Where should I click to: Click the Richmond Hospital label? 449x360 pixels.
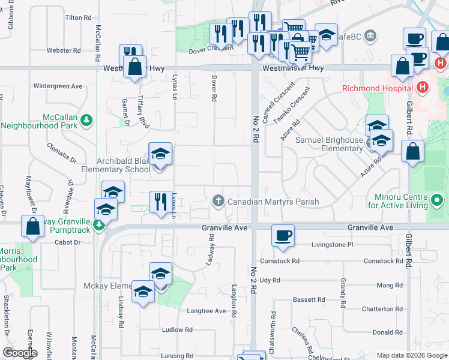(x=376, y=88)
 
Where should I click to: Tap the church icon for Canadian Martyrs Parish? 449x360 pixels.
(x=218, y=201)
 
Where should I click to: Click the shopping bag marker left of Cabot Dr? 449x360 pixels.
(x=33, y=226)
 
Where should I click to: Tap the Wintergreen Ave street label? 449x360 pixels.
(x=58, y=86)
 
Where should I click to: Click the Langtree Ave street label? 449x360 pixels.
(x=206, y=311)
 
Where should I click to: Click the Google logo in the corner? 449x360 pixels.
(x=20, y=353)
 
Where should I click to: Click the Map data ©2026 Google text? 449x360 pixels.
(x=411, y=355)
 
